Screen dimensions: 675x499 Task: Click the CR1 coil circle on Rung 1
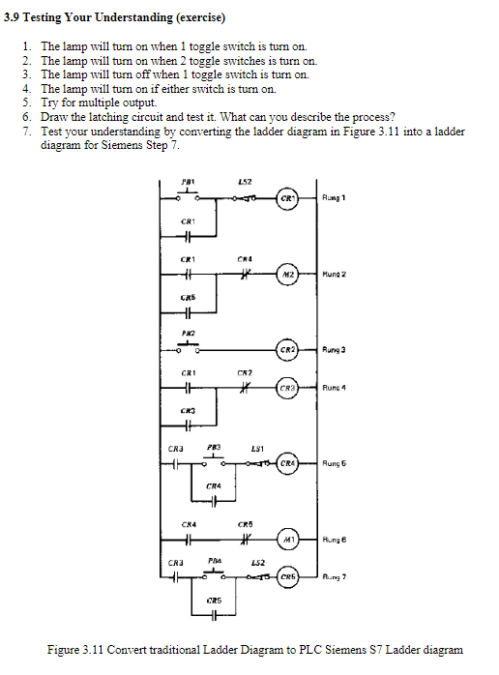coord(286,200)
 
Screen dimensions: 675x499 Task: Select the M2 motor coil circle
coord(288,274)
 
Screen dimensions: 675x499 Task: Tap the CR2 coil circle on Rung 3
coord(286,348)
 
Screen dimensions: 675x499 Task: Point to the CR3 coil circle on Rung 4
coord(286,388)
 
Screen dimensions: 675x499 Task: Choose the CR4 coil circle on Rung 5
coord(286,463)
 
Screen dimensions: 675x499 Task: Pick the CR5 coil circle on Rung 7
coord(286,578)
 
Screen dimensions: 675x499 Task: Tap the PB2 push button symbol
coord(190,346)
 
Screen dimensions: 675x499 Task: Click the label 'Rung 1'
coord(336,200)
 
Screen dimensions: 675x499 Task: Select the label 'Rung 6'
coord(336,538)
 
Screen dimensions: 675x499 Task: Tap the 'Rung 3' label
coord(336,348)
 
